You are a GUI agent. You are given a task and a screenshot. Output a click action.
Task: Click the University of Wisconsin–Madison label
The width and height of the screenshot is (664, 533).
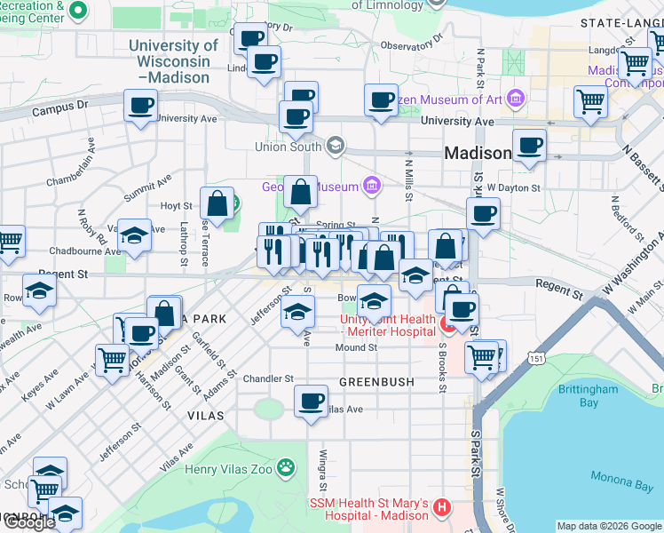point(173,61)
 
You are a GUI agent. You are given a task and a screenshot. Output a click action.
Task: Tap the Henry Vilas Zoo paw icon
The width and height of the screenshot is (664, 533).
point(285,466)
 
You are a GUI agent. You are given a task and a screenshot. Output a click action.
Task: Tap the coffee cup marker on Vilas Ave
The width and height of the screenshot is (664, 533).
point(310,402)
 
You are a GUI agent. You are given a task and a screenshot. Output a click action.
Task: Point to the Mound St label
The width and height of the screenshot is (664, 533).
point(356,347)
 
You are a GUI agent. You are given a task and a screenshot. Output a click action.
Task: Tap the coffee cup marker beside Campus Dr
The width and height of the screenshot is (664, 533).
point(140,107)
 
